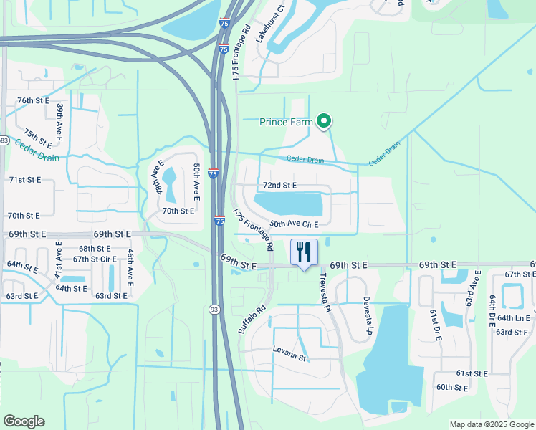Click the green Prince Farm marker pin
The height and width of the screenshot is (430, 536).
pyautogui.click(x=323, y=121)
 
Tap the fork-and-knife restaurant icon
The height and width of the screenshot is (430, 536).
pyautogui.click(x=305, y=252)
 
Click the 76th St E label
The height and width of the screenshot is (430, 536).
pyautogui.click(x=33, y=100)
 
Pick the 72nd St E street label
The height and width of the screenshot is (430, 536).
pyautogui.click(x=279, y=185)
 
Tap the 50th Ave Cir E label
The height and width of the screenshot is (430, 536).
pyautogui.click(x=293, y=224)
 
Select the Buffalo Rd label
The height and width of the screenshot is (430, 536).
pyautogui.click(x=252, y=320)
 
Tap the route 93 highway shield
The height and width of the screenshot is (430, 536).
pyautogui.click(x=214, y=309)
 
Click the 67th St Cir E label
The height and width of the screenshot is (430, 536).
pyautogui.click(x=94, y=259)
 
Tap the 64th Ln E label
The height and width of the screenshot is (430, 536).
pyautogui.click(x=513, y=317)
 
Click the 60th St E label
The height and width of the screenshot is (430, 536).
pyautogui.click(x=452, y=388)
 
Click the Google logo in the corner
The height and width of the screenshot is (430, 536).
pyautogui.click(x=24, y=421)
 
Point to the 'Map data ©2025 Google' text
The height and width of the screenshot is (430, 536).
pyautogui.click(x=492, y=424)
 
